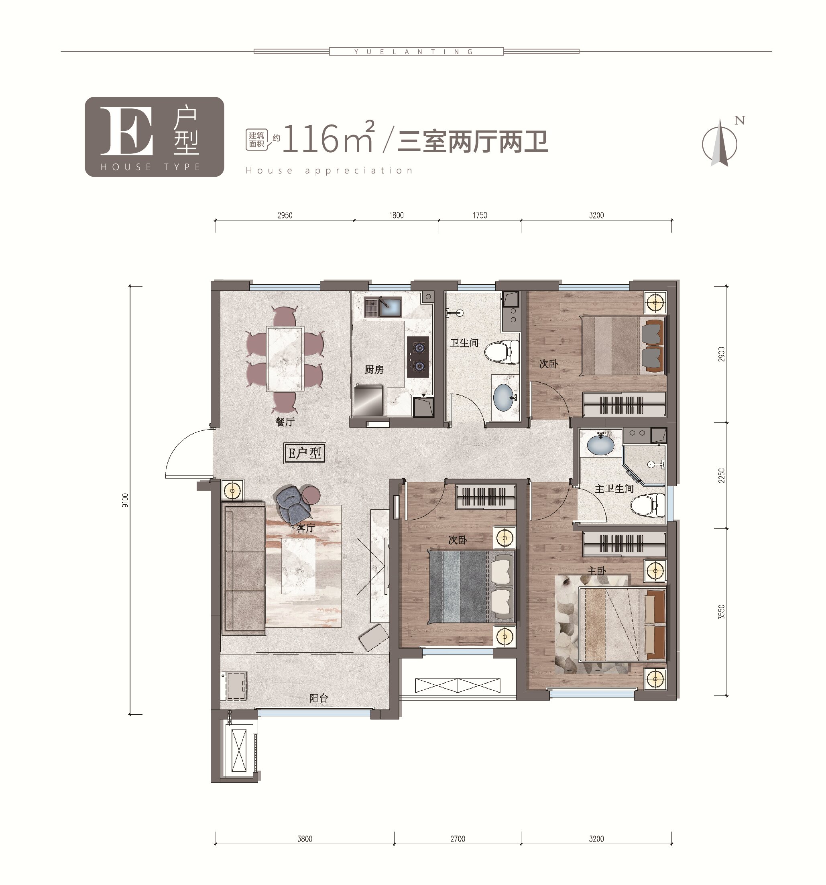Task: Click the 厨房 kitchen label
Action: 374,369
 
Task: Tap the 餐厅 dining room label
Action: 285,422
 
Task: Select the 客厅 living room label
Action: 306,528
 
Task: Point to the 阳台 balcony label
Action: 319,698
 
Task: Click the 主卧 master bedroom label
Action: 597,571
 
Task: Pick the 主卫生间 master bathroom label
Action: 614,489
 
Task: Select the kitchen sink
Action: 383,307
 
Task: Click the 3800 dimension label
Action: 305,839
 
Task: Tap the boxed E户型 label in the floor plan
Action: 305,453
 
